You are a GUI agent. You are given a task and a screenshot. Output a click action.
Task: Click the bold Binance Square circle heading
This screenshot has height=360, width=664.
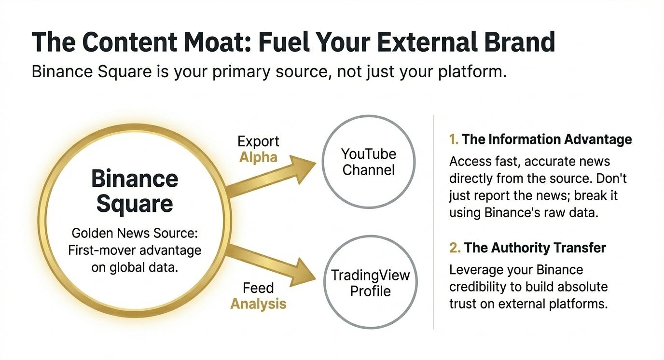coord(134,191)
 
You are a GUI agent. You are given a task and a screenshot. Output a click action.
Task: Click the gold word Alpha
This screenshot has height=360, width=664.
coord(258,158)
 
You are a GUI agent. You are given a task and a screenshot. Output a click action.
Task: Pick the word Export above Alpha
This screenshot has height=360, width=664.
coord(258,142)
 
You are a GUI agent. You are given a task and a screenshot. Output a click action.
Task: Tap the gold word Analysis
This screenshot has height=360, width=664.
coord(258,304)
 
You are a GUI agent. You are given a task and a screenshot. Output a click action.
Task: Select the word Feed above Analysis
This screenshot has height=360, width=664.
coord(258,289)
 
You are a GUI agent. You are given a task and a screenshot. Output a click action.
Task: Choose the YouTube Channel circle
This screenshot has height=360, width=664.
coord(369,162)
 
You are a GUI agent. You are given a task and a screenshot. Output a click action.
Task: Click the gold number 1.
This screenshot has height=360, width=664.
coord(453,139)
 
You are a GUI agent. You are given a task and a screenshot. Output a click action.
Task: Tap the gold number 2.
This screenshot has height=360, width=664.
coord(454,248)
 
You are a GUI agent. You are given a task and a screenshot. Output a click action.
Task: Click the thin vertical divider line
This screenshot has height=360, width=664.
coord(433,222)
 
